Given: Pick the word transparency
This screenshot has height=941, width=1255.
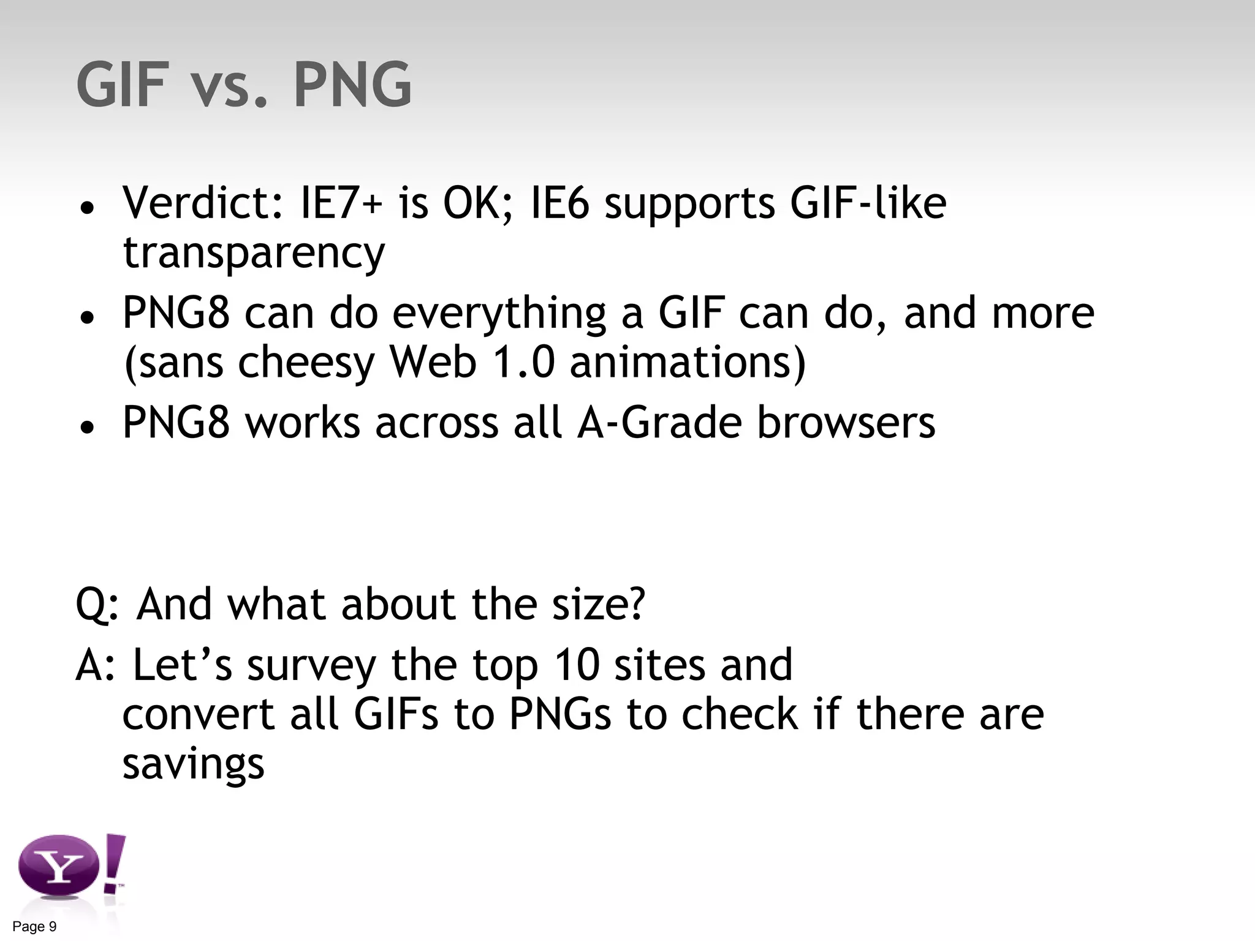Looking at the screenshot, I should click(x=254, y=252).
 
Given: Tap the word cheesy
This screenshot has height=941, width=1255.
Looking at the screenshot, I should click(x=306, y=362).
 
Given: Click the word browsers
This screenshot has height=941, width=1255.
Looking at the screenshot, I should click(x=846, y=422).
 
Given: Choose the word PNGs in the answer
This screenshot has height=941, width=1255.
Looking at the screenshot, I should click(x=560, y=714).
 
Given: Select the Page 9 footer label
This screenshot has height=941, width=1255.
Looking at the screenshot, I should click(x=34, y=926).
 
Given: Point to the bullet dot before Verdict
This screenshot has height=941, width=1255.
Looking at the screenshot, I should click(x=88, y=208).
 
